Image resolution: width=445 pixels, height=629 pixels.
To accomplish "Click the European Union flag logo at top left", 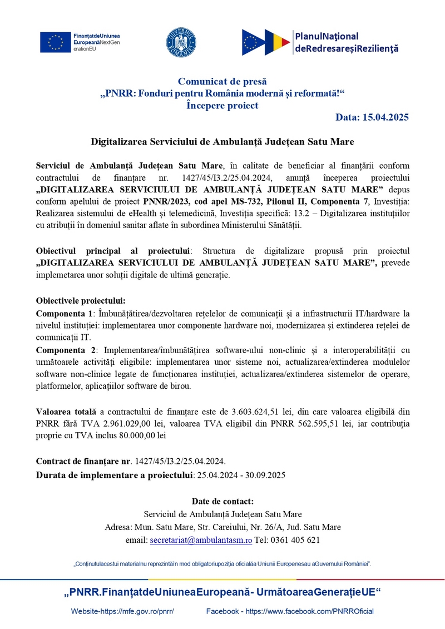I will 55,42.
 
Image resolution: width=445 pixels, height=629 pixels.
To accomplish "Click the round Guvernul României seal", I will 181,42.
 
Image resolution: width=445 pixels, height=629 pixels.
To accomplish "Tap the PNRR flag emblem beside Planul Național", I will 266,42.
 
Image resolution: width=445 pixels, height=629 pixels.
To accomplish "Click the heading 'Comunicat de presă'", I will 222,82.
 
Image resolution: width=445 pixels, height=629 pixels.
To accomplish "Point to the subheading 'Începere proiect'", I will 222,105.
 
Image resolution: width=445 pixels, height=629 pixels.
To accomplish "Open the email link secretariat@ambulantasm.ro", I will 201,539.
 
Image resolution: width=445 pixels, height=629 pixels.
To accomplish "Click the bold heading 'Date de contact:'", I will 222,501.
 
